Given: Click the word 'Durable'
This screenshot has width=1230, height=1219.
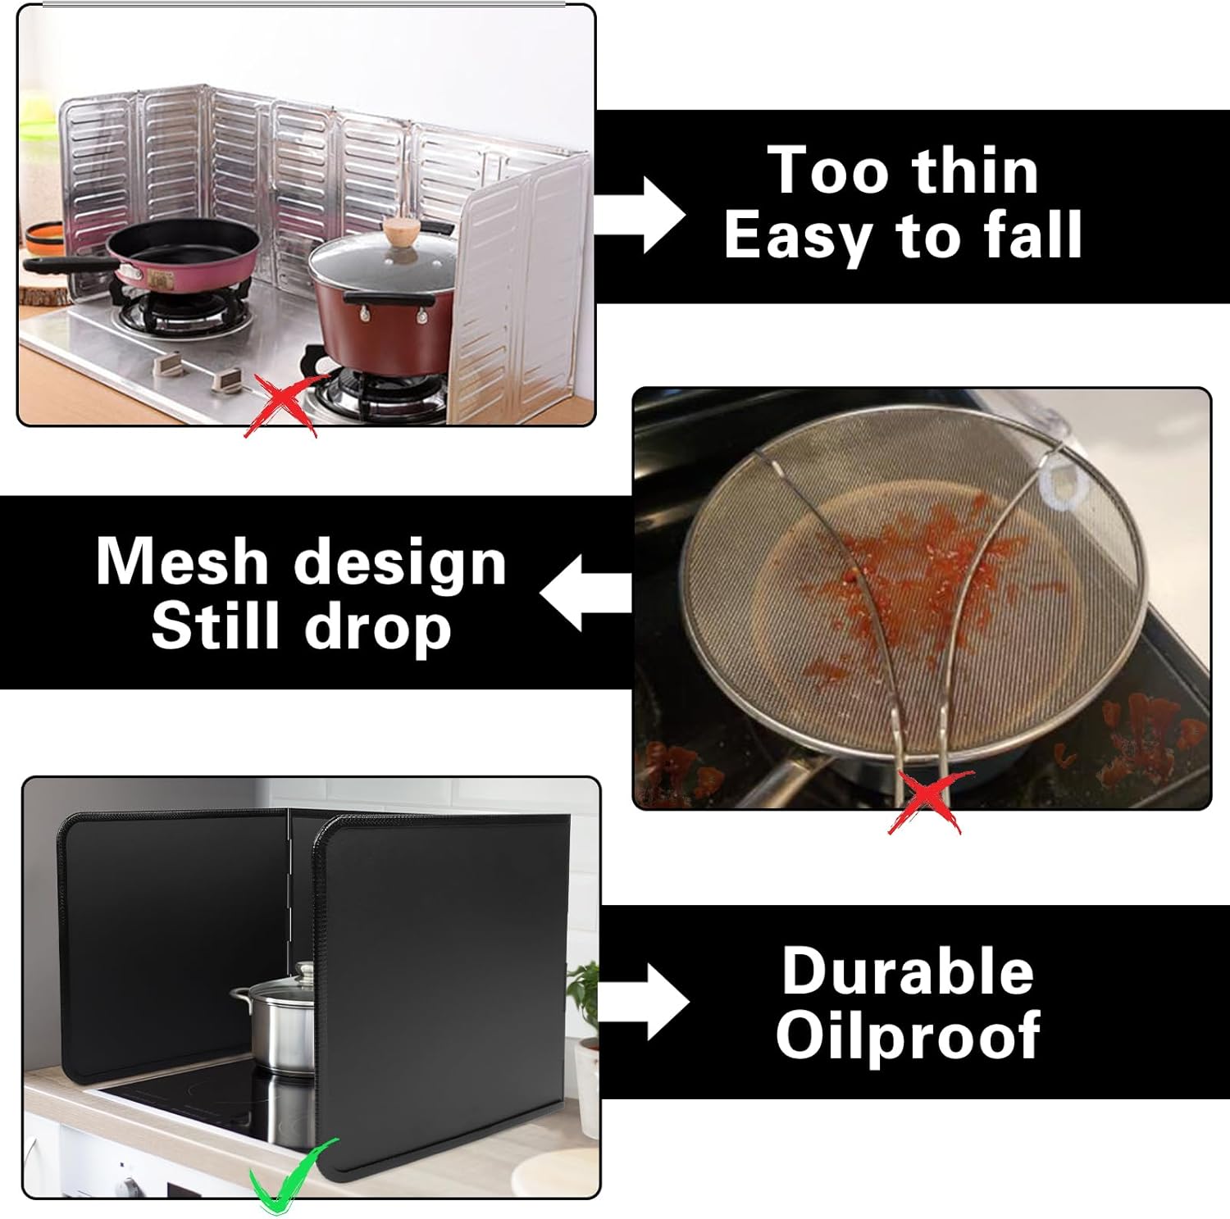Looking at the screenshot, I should (x=908, y=971).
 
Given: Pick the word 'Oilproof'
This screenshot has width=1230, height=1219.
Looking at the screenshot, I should (x=908, y=1036).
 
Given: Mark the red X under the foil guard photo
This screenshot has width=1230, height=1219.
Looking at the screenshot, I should (x=281, y=404).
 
